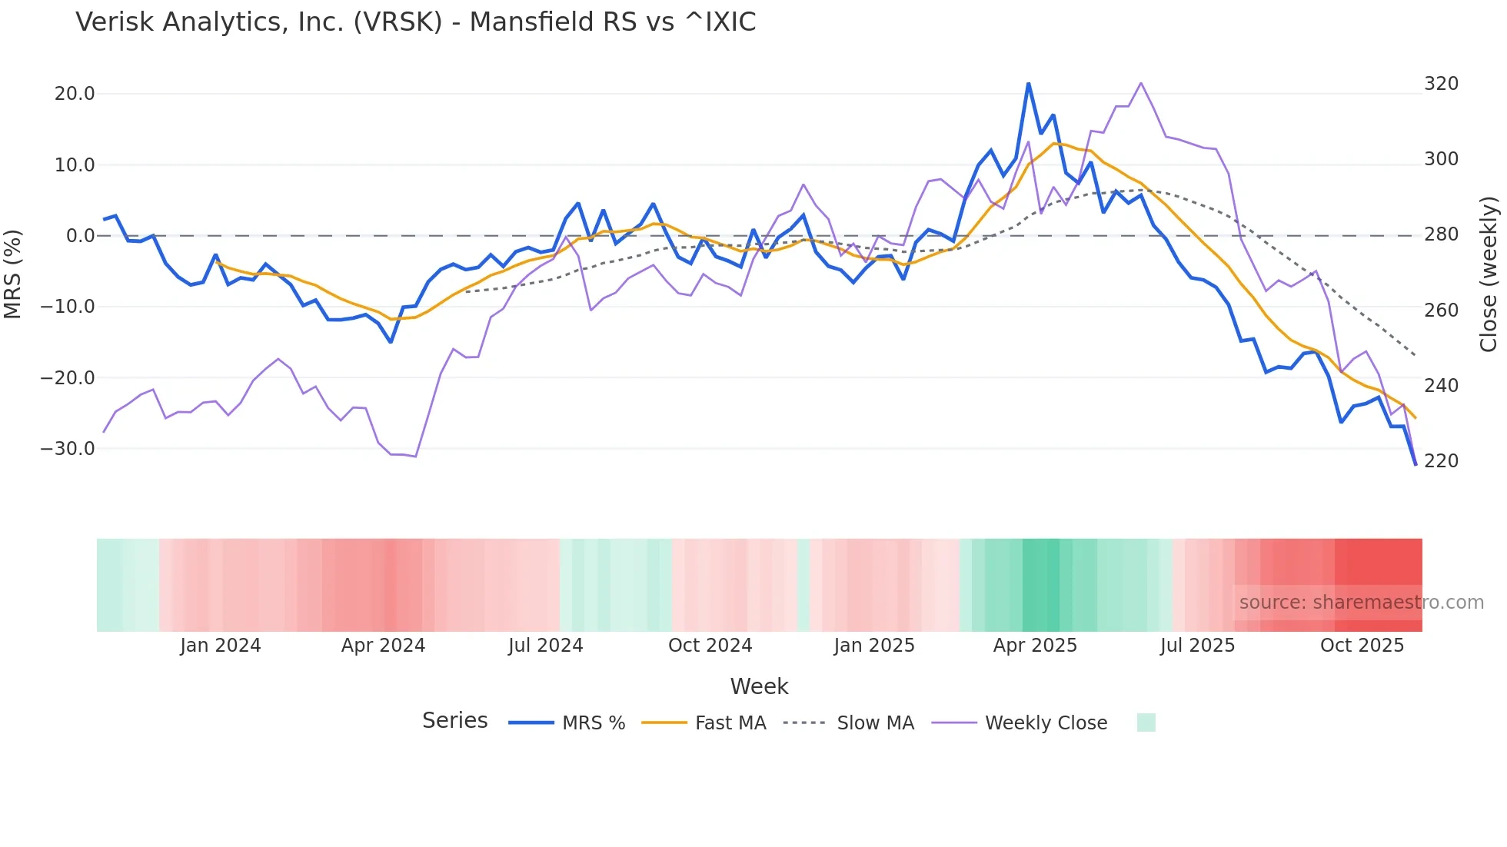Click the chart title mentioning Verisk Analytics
pos(415,22)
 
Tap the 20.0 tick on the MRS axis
pos(75,94)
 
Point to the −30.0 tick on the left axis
pos(68,449)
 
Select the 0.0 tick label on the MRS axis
pos(80,236)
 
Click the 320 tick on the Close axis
pos(1441,84)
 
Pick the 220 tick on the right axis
pos(1441,461)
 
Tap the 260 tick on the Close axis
pos(1441,311)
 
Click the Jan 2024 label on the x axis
pos(221,646)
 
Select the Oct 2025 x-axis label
pos(1362,646)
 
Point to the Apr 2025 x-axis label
pos(1035,646)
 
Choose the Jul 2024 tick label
pos(546,646)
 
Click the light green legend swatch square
pos(1146,722)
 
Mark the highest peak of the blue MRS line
pos(1029,84)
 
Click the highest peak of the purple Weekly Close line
pos(1140,83)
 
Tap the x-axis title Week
pos(759,686)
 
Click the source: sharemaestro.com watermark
pos(1361,603)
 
